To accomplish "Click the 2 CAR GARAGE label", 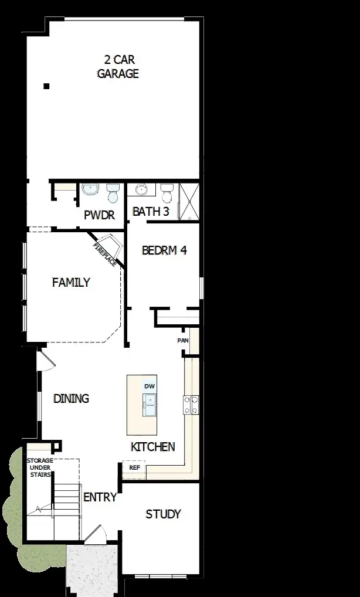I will pyautogui.click(x=118, y=66).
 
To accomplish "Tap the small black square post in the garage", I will pyautogui.click(x=46, y=87).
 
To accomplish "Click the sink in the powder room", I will pyautogui.click(x=90, y=189).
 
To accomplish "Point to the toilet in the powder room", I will pyautogui.click(x=113, y=191).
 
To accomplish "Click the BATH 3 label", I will pyautogui.click(x=151, y=212).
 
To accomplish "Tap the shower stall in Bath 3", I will pyautogui.click(x=189, y=201).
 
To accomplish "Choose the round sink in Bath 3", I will pyautogui.click(x=141, y=189).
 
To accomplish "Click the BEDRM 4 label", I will pyautogui.click(x=164, y=250).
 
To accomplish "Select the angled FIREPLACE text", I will pyautogui.click(x=104, y=254).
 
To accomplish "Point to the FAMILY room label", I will pyautogui.click(x=71, y=283).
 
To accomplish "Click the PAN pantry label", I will pyautogui.click(x=183, y=340).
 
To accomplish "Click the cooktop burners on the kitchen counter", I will pyautogui.click(x=192, y=405).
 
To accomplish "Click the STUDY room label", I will pyautogui.click(x=163, y=514).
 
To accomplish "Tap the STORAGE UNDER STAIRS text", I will pyautogui.click(x=40, y=467).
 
